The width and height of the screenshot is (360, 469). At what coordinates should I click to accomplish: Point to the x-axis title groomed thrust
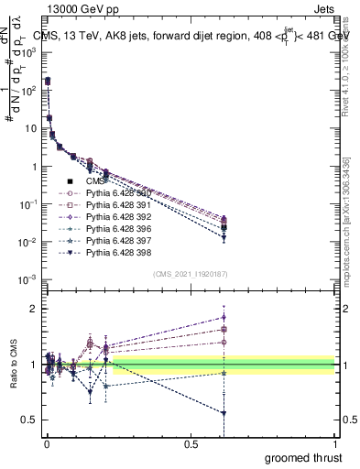tap(303, 457)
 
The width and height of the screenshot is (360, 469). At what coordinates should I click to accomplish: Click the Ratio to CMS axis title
tap(14, 365)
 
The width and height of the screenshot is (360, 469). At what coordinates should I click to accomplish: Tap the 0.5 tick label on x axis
tap(191, 442)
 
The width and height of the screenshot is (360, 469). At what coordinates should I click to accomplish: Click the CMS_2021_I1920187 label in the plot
tap(190, 274)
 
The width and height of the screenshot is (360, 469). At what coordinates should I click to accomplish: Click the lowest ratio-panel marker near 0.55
tap(224, 413)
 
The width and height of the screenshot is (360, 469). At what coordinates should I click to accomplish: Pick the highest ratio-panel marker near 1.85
tap(224, 318)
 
